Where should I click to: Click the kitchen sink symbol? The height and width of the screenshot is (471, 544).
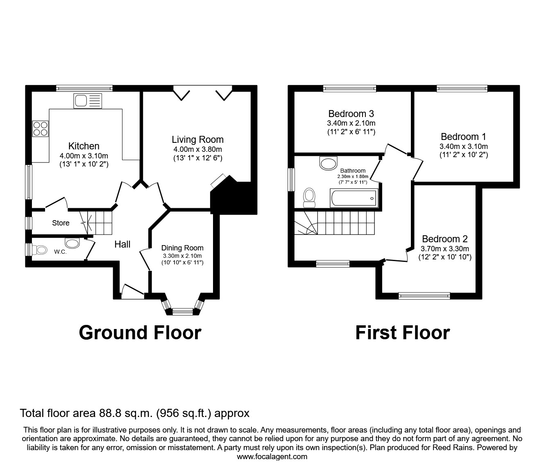coord(87,101)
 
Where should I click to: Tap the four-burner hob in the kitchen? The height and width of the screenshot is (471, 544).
coord(41,128)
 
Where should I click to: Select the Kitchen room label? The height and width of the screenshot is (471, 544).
coord(84,146)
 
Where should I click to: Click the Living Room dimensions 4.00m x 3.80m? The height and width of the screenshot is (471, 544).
coord(197,149)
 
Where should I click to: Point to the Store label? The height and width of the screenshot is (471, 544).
coord(61,223)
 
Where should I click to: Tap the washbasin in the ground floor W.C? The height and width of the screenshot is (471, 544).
coord(73,243)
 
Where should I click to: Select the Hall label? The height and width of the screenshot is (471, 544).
coord(122,244)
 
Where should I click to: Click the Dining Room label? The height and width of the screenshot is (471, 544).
coord(182,248)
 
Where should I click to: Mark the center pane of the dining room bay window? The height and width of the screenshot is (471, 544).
coord(182,312)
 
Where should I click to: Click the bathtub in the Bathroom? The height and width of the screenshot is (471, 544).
coord(354,198)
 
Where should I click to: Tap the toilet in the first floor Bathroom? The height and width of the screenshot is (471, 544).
coord(309,198)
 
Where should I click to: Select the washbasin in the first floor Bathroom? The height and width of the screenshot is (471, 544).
coord(328,163)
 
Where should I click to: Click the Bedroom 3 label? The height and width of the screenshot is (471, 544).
coord(351,114)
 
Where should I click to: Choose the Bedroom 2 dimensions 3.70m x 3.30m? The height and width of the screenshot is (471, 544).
coord(445,248)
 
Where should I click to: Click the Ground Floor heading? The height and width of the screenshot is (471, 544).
coord(140,333)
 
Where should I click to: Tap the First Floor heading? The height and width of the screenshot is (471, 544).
coord(402,333)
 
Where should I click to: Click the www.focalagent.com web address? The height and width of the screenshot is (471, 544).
coord(272,457)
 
